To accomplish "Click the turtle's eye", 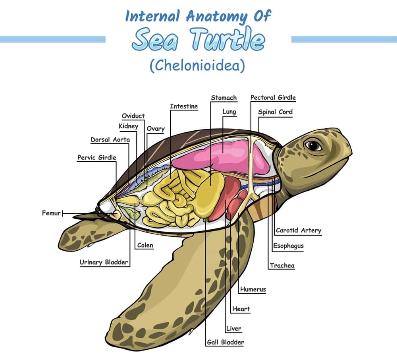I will click(314, 145).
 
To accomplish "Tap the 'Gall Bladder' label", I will click(225, 342).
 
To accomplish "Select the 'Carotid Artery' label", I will click(298, 230).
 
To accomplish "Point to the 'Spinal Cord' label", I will click(275, 112).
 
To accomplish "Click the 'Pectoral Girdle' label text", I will click(273, 98).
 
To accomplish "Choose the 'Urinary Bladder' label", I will click(104, 262).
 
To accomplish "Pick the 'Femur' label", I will click(51, 213).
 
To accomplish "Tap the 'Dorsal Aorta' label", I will click(110, 140).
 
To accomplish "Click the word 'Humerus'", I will click(253, 290).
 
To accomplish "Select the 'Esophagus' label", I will click(288, 246).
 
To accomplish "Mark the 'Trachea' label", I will click(282, 265).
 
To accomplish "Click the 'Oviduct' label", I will click(133, 116).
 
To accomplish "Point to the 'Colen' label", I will click(145, 246).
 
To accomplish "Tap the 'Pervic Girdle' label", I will click(97, 157).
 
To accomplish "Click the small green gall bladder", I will click(206, 219).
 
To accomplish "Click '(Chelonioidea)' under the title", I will click(197, 66).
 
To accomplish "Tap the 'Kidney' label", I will click(129, 126).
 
